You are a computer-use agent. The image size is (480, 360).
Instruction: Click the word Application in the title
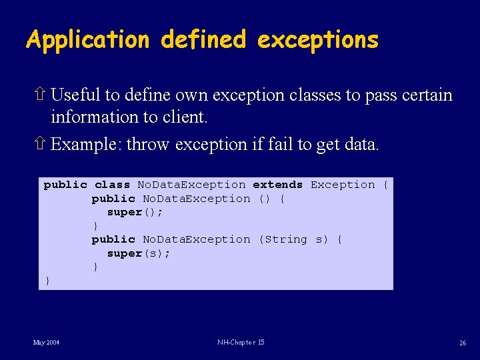coord(87,41)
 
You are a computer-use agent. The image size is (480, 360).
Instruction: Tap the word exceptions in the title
coord(317,41)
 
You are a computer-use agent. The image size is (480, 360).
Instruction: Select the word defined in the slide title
coord(202,41)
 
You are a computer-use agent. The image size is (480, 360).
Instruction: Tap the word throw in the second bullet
coord(147,144)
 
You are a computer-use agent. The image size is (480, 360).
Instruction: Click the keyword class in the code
coord(112,185)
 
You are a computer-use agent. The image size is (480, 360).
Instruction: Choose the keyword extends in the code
coord(277,185)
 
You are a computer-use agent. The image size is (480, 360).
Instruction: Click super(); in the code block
coord(135,212)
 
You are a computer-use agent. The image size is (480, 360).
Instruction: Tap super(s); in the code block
coord(138,253)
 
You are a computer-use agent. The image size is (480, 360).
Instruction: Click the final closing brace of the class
coord(47,281)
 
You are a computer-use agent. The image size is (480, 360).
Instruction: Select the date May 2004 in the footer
coord(46,343)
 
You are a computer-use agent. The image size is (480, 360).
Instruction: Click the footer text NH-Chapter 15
coord(241,343)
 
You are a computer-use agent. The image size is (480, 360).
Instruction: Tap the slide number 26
coord(462,343)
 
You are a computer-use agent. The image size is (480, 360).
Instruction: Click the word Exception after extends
coord(343,185)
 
